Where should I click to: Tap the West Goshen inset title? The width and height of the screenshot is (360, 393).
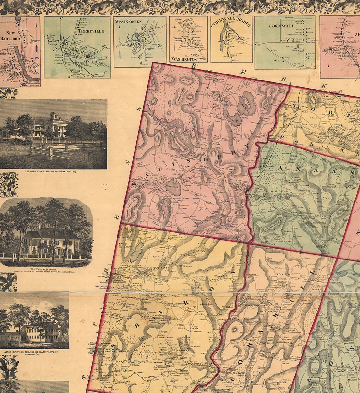[x=128, y=21]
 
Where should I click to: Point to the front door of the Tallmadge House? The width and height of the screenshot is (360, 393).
[x=58, y=251]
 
